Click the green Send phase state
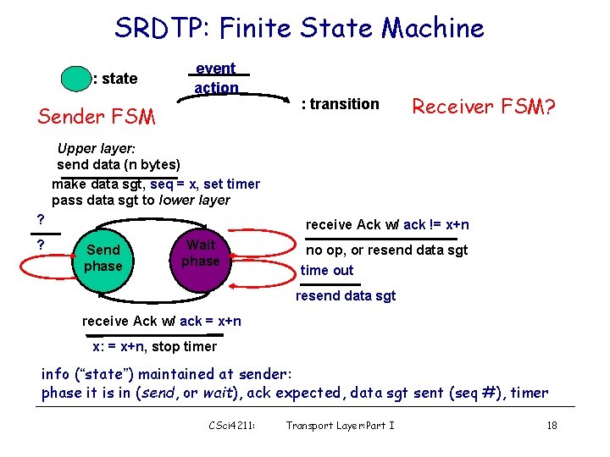click(x=103, y=258)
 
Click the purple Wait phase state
click(x=201, y=253)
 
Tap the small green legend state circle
click(x=75, y=77)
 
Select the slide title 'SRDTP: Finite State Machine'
click(x=299, y=28)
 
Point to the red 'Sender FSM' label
click(x=97, y=117)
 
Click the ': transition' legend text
click(x=341, y=104)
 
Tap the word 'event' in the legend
click(x=216, y=69)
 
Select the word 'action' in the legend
click(x=216, y=87)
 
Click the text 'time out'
click(x=327, y=270)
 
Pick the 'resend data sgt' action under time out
click(x=346, y=295)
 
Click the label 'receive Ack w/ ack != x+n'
click(x=387, y=224)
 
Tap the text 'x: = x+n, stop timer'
click(x=154, y=346)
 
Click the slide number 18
click(x=552, y=425)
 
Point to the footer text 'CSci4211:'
click(x=232, y=425)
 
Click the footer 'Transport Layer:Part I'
click(x=341, y=425)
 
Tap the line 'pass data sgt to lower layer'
click(x=141, y=201)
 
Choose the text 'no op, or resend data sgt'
click(x=386, y=250)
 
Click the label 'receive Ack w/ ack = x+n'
click(x=162, y=321)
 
